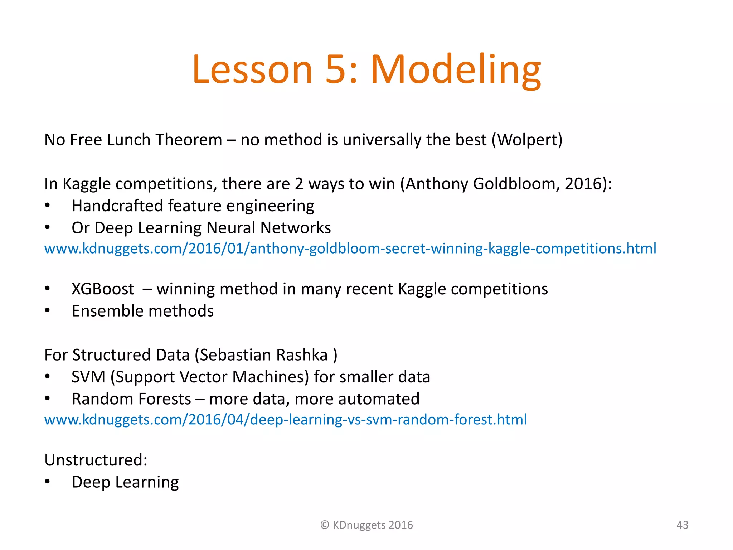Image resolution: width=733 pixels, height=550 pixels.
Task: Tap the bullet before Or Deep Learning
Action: (x=47, y=228)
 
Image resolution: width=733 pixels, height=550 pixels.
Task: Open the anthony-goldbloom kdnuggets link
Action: (x=350, y=249)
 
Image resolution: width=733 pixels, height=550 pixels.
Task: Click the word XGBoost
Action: (x=103, y=289)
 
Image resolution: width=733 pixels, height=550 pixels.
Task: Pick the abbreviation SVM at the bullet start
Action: (x=88, y=377)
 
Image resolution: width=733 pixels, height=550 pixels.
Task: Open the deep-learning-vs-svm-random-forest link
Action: (x=285, y=420)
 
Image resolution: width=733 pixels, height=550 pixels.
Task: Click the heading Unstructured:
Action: (x=96, y=460)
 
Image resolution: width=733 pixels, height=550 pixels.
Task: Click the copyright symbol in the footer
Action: (x=325, y=525)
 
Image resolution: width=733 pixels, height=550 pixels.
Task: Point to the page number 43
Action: (x=682, y=525)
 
